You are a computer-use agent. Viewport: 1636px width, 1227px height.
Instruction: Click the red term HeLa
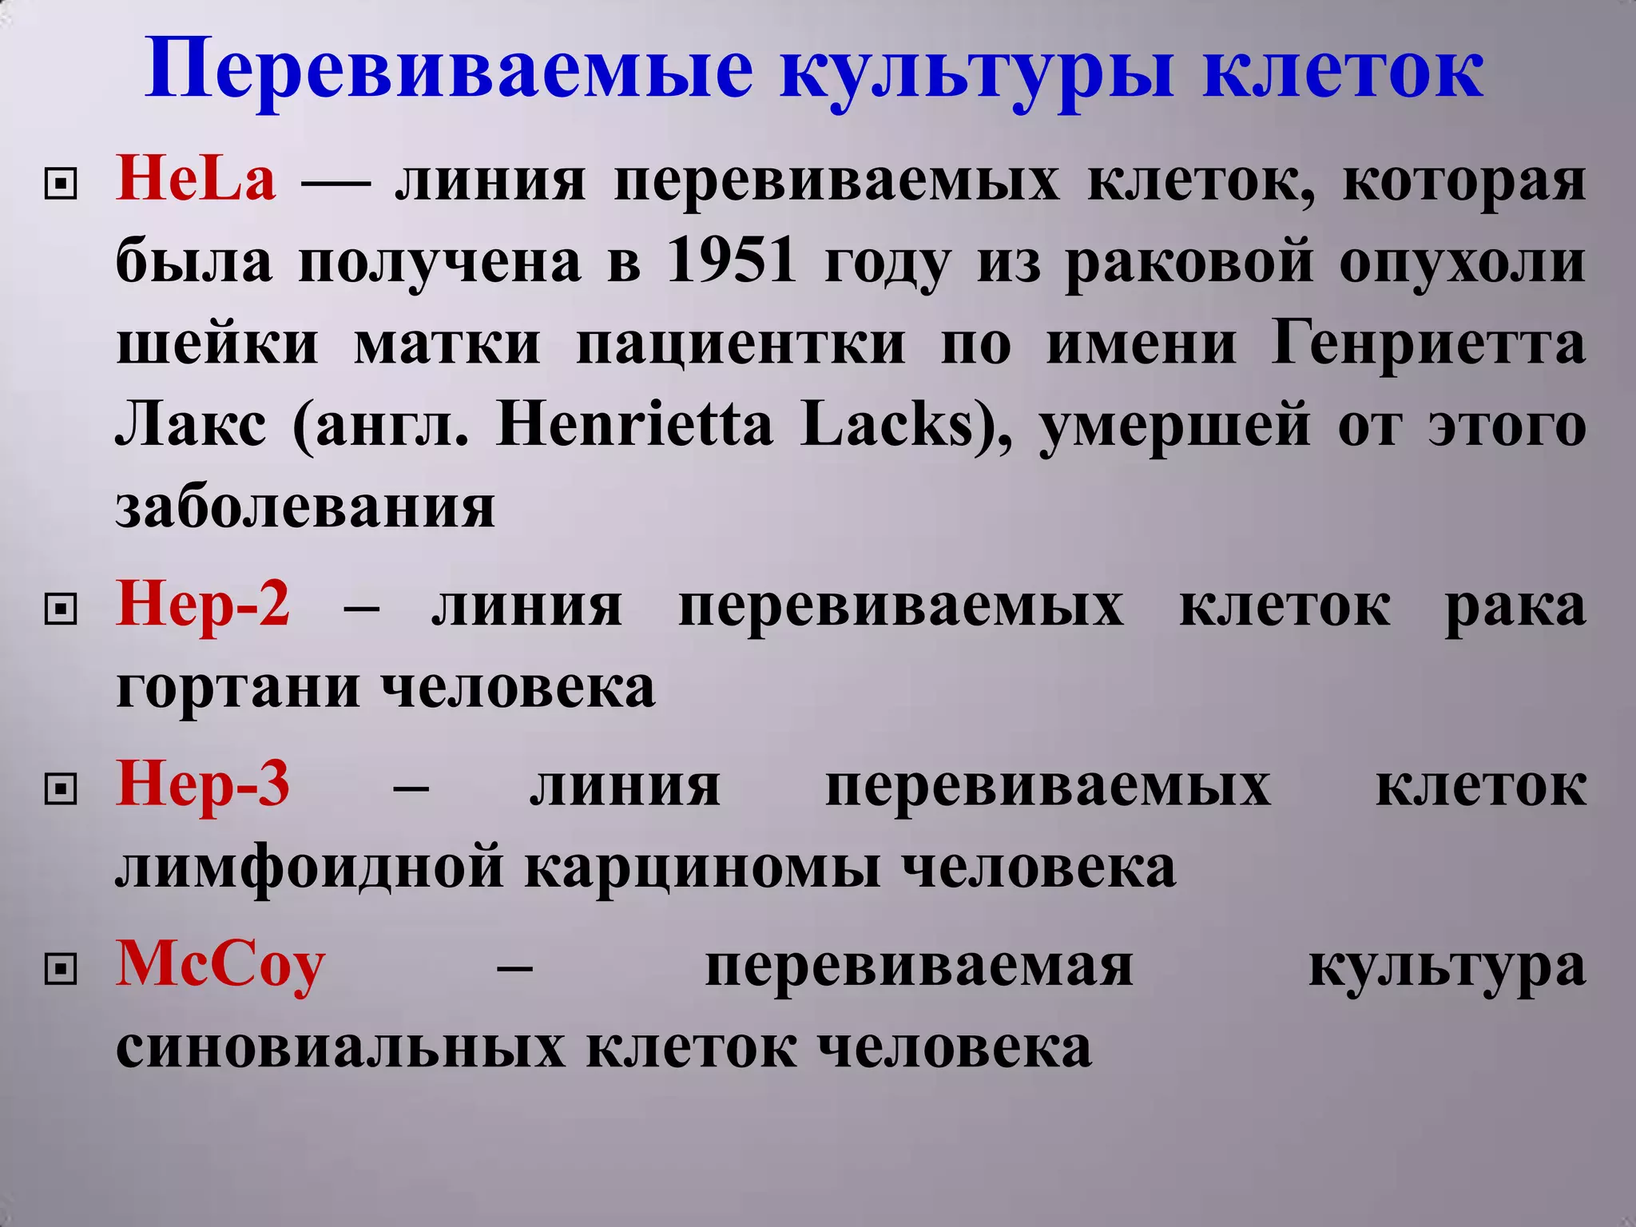coord(197,179)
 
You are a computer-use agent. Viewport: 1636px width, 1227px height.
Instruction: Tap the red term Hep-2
coord(203,606)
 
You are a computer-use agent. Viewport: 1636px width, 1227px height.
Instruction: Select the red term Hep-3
coord(203,784)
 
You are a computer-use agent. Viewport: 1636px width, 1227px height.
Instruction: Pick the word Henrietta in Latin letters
coord(635,425)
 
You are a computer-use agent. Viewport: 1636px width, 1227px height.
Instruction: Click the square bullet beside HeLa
coord(62,185)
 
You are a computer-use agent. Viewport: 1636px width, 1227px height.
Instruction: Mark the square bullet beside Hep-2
coord(62,611)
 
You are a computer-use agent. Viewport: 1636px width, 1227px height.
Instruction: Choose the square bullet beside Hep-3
coord(62,790)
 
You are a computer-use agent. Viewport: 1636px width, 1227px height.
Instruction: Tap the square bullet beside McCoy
coord(62,971)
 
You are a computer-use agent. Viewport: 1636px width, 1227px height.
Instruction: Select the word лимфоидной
coord(310,868)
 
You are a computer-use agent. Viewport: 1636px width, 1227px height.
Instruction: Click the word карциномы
coord(703,868)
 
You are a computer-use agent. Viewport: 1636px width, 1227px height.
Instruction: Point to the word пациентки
coord(741,343)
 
